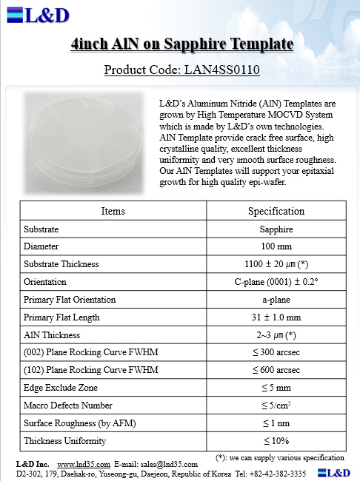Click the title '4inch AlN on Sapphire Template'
click(x=181, y=46)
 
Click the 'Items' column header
click(x=113, y=211)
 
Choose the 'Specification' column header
click(x=276, y=211)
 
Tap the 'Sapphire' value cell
click(x=276, y=229)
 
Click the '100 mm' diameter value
click(x=276, y=246)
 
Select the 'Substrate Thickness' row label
click(x=61, y=264)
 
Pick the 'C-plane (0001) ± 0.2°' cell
click(x=276, y=282)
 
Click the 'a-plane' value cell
click(x=276, y=300)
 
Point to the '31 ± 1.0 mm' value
click(x=276, y=317)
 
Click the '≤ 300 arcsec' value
click(x=276, y=352)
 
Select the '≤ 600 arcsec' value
click(x=276, y=370)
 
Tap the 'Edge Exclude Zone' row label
click(x=61, y=388)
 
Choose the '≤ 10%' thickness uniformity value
click(x=276, y=441)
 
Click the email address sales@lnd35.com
click(x=171, y=464)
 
